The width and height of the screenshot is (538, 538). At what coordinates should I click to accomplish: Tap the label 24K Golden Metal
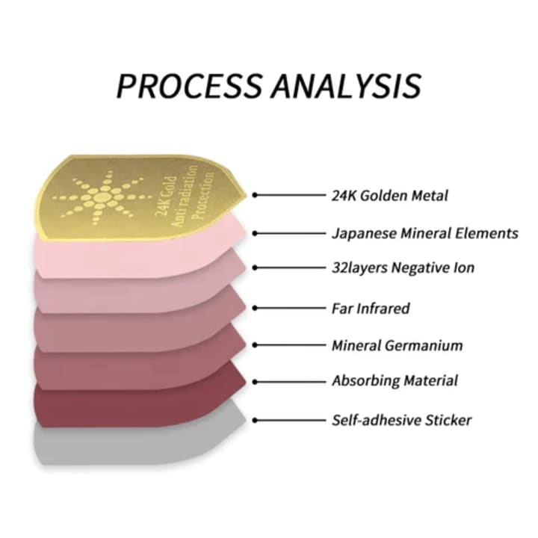pyautogui.click(x=390, y=196)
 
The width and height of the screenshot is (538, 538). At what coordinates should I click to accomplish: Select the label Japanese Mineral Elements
pyautogui.click(x=424, y=233)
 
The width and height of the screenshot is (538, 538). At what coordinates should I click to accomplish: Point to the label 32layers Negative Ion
pyautogui.click(x=403, y=268)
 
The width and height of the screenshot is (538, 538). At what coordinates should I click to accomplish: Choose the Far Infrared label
pyautogui.click(x=371, y=307)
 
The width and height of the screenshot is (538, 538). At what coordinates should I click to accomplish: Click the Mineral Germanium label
pyautogui.click(x=397, y=345)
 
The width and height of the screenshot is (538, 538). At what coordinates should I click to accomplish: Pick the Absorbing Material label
pyautogui.click(x=395, y=381)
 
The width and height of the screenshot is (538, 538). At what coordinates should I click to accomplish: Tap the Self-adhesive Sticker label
pyautogui.click(x=401, y=420)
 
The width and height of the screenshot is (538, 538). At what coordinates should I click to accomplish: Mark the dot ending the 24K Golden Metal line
pyautogui.click(x=255, y=195)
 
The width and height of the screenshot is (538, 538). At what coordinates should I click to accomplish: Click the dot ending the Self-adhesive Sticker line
pyautogui.click(x=255, y=420)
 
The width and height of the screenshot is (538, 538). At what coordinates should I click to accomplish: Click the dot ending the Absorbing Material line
pyautogui.click(x=255, y=381)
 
